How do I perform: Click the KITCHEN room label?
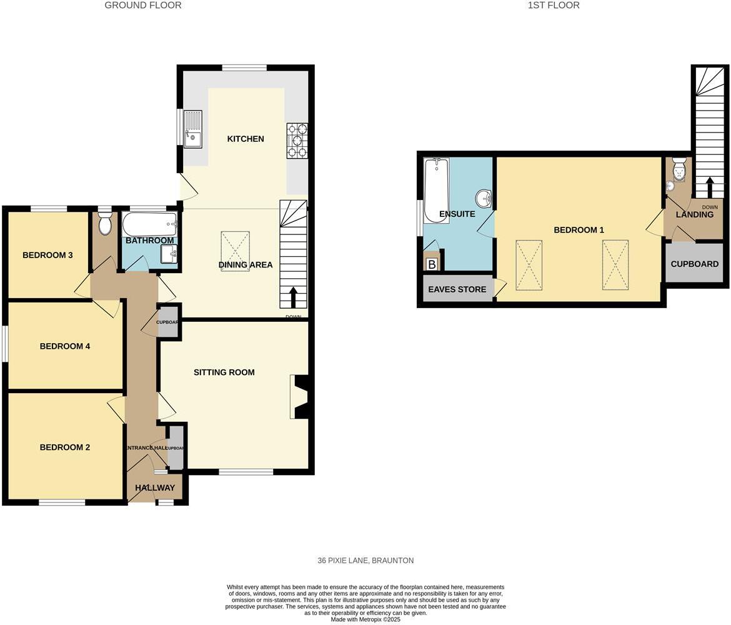(x=246, y=139)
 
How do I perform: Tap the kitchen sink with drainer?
(x=193, y=128)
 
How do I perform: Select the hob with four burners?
(x=297, y=140)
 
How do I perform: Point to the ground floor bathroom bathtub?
(x=149, y=223)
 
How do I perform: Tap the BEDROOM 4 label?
(x=65, y=346)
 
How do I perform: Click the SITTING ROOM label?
(x=224, y=372)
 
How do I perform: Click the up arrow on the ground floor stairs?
(x=293, y=297)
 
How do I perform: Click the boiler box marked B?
(x=431, y=264)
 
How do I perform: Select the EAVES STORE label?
(x=457, y=289)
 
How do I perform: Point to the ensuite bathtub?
(x=435, y=190)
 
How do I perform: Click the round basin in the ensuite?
(x=484, y=199)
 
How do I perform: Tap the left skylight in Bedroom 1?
(x=529, y=264)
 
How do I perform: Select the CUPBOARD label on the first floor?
(x=694, y=264)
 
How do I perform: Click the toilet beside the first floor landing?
(x=679, y=169)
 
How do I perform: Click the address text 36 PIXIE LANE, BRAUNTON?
(x=365, y=561)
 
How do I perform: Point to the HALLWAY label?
(x=155, y=487)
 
